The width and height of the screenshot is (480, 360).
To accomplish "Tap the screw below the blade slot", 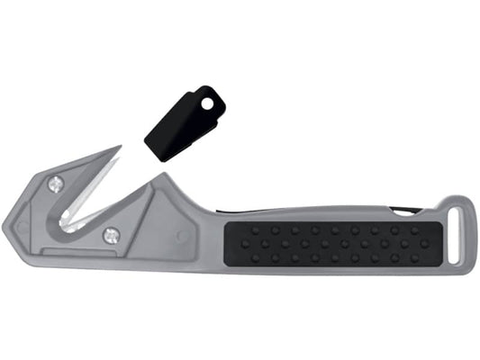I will [x=111, y=236].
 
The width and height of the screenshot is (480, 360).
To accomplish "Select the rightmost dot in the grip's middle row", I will [x=423, y=243].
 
